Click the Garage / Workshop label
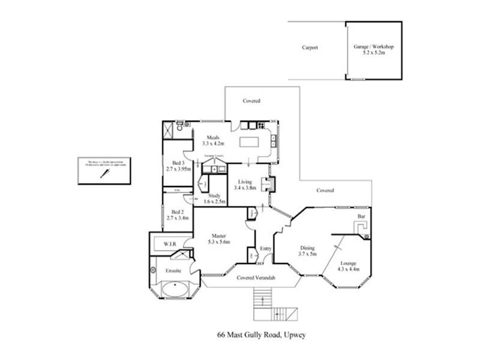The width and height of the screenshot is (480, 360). tap(373, 49)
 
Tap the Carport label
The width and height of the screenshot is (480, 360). tap(310, 47)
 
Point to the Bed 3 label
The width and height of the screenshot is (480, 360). tap(178, 166)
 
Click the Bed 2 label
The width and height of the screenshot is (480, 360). tap(177, 214)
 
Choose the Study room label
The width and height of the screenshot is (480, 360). tap(214, 199)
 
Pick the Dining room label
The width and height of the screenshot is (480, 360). tap(308, 251)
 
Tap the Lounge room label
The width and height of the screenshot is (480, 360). tap(349, 265)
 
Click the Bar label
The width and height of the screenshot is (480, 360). tap(361, 216)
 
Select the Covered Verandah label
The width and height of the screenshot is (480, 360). tap(256, 278)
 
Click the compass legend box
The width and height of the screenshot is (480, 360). tap(104, 172)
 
